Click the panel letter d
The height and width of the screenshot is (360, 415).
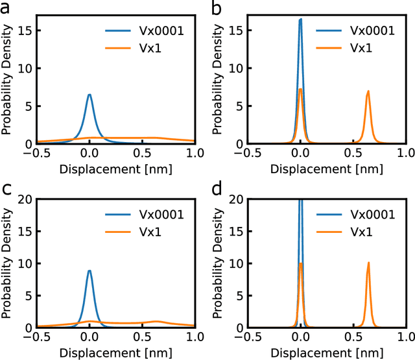[217, 190]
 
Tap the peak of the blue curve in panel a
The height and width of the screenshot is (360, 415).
[89, 95]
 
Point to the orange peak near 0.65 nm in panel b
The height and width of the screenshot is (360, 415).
[368, 91]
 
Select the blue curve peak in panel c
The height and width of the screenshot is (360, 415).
[89, 271]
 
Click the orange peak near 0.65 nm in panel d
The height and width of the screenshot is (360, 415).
[368, 263]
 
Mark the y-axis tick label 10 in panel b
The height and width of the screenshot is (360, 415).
[234, 68]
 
